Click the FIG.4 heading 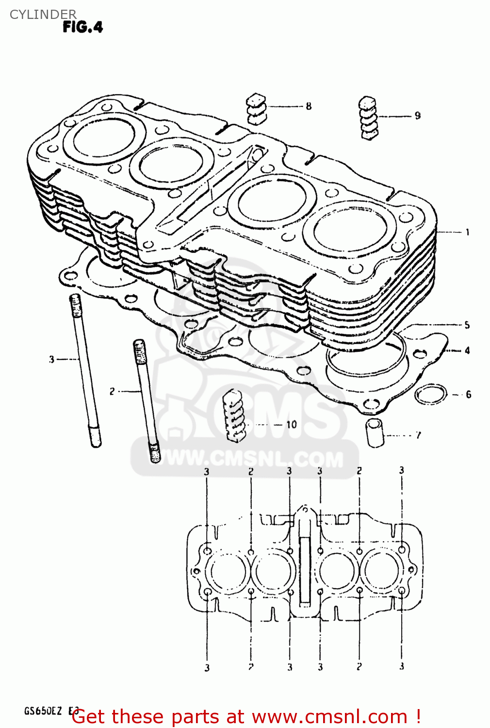pos(83,27)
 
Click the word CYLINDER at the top pos(43,14)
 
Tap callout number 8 pos(309,106)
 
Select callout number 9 pos(417,116)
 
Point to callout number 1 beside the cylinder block pos(467,232)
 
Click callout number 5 pos(467,325)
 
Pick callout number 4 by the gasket pos(467,350)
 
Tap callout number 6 pos(468,394)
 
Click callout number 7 pos(418,435)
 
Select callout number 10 pos(291,424)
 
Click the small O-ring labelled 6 pos(431,394)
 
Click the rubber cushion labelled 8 pos(256,109)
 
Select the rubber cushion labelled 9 pos(368,118)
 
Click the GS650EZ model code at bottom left pos(43,711)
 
